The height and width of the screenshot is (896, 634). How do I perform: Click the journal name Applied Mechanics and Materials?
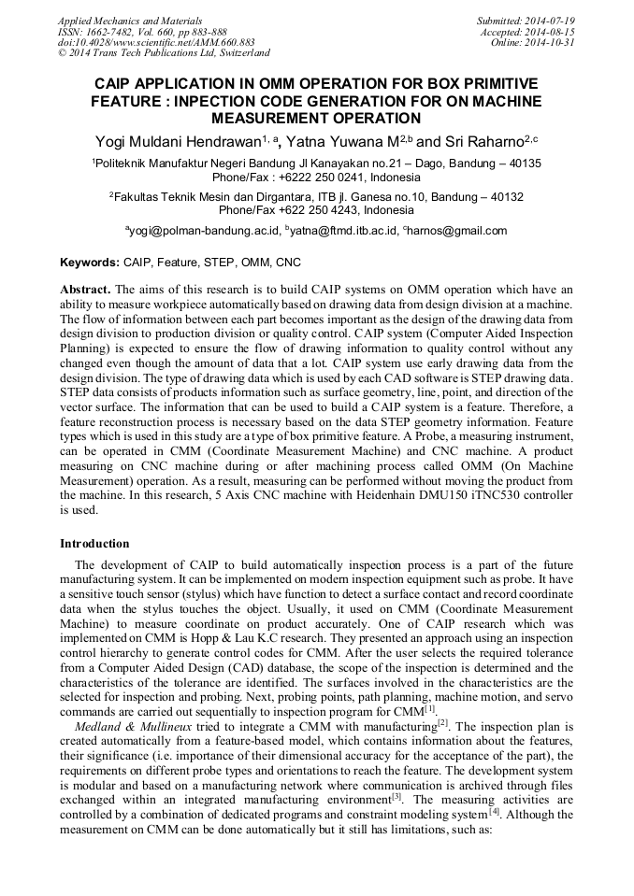[130, 21]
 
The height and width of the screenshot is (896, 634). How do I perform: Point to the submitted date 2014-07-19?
[552, 21]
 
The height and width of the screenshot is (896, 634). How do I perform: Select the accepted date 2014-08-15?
[552, 32]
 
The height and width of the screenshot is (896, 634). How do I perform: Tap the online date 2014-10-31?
[552, 43]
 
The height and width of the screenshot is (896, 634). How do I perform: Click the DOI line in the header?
[156, 43]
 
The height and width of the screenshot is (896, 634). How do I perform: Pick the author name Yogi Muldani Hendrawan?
[177, 141]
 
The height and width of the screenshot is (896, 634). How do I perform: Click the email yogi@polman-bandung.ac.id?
[205, 231]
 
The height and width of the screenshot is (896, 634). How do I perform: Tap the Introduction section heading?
[94, 543]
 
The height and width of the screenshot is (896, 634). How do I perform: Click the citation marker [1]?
[429, 708]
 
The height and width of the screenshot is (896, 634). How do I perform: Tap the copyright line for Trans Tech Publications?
[164, 54]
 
